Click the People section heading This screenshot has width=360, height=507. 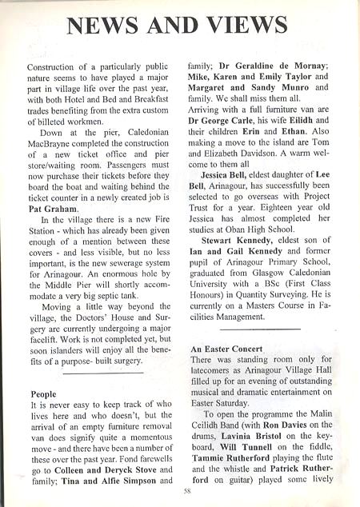(43, 394)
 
